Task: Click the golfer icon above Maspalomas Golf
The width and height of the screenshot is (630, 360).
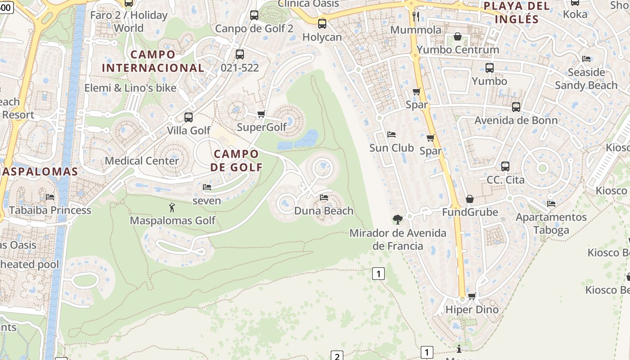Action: tap(171, 207)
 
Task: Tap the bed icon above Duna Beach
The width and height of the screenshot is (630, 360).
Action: tap(324, 198)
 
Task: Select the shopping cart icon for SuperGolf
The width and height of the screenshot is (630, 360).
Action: tap(261, 114)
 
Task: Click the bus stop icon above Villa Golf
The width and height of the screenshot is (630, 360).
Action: tap(189, 117)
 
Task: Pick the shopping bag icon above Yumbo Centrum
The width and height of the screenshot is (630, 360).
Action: tap(458, 36)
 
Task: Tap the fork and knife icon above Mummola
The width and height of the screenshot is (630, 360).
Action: tap(416, 17)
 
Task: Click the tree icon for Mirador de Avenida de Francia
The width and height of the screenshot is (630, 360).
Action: tap(397, 220)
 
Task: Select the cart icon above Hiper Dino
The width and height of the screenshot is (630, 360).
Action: tap(472, 296)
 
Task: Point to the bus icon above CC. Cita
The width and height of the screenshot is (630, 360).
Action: tap(505, 166)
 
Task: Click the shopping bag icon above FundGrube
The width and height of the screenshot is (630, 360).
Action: tap(470, 199)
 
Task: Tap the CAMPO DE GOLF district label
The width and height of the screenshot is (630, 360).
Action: tap(236, 161)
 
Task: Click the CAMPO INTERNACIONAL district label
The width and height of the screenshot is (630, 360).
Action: tap(153, 61)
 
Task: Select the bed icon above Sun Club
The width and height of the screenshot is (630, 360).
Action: tap(391, 135)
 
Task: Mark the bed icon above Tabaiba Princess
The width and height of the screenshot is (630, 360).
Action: tap(50, 197)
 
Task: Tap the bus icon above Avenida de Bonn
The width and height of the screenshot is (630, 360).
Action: tap(516, 107)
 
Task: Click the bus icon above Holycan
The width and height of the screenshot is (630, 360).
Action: tap(322, 24)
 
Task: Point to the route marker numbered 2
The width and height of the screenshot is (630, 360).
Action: tap(337, 355)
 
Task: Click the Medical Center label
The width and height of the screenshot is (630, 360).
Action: tap(142, 161)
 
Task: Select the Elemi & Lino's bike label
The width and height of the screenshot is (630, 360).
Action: tap(130, 88)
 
